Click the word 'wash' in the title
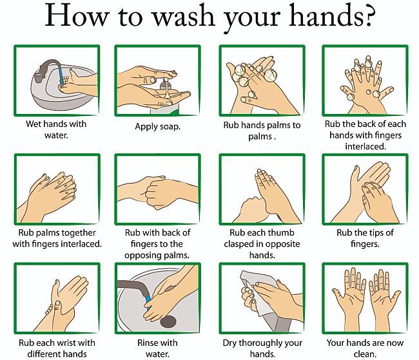[x=184, y=15]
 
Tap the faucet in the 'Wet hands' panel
[x=46, y=69]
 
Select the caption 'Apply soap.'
[x=158, y=126]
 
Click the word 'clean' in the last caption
[x=364, y=354]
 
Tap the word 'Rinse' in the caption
[x=146, y=343]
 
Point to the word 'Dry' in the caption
[x=230, y=343]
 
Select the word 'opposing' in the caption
[x=141, y=256]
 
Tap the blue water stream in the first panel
[x=61, y=75]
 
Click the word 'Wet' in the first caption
[x=34, y=124]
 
